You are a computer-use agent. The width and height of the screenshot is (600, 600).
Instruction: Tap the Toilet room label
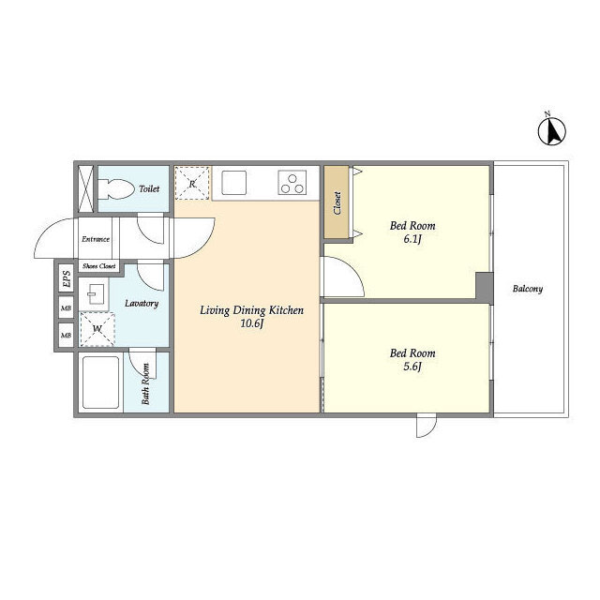point(149,188)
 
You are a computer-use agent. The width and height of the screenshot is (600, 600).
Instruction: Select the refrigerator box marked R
point(192,183)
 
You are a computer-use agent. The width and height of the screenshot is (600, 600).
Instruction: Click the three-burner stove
point(292,183)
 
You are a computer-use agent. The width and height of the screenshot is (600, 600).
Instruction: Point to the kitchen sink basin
point(233,183)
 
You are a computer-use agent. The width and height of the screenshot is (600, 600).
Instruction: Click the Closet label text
point(337,202)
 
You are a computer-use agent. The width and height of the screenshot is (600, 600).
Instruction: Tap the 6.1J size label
point(412,239)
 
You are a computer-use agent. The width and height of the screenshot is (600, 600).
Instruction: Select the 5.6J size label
point(412,367)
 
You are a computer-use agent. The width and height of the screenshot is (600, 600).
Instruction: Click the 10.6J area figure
point(252,323)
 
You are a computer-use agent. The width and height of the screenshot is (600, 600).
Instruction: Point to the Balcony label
point(528,289)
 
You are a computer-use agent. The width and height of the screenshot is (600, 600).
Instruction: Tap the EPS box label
point(67,279)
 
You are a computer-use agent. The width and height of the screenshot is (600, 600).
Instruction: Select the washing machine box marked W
point(97,329)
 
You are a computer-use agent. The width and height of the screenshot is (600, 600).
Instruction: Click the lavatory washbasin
point(94,293)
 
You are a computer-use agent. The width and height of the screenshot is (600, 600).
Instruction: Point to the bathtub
point(101,382)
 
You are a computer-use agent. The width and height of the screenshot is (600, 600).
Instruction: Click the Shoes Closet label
point(98,266)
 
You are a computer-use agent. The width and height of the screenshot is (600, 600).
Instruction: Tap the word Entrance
point(96,239)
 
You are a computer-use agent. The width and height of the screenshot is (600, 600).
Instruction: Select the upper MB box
point(67,307)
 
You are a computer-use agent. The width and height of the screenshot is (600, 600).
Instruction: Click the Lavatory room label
point(142,304)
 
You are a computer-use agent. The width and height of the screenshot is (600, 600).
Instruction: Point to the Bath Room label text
point(145,383)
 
